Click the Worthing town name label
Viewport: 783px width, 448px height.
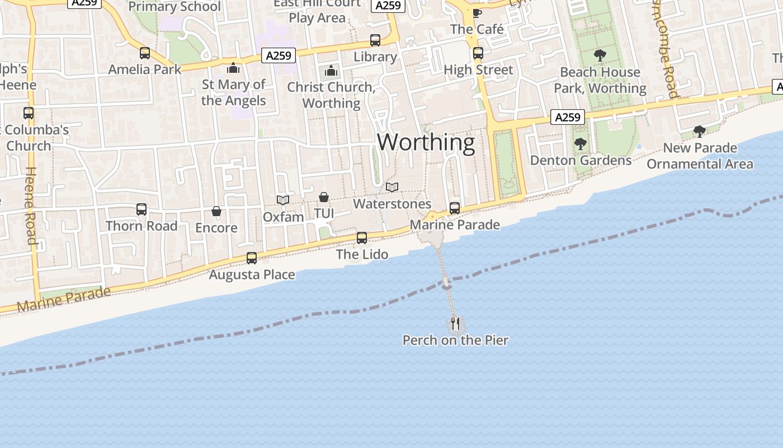click(x=426, y=142)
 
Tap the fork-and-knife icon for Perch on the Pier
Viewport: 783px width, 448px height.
click(x=455, y=323)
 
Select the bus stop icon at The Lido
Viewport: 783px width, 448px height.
click(x=362, y=238)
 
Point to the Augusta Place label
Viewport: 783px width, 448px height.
click(x=252, y=274)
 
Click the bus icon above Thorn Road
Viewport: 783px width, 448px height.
click(x=141, y=209)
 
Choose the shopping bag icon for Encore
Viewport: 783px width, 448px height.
click(x=216, y=211)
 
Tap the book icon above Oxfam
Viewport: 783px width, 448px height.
click(x=283, y=200)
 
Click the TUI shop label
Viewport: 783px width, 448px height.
click(x=324, y=213)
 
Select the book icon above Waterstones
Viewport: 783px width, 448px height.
click(x=392, y=187)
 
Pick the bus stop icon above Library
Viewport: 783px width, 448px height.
click(x=375, y=40)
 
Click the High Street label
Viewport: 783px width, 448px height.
click(x=478, y=70)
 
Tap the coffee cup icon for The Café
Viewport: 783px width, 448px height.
click(x=477, y=13)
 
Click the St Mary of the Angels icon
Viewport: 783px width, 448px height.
click(x=233, y=68)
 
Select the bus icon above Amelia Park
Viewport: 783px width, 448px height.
click(x=145, y=53)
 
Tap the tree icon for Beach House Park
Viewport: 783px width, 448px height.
click(x=600, y=55)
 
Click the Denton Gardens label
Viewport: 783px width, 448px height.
click(x=581, y=161)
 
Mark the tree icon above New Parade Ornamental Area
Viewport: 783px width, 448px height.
click(x=699, y=132)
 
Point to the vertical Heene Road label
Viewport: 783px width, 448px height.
click(x=31, y=206)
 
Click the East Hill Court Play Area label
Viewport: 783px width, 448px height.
click(x=317, y=11)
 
